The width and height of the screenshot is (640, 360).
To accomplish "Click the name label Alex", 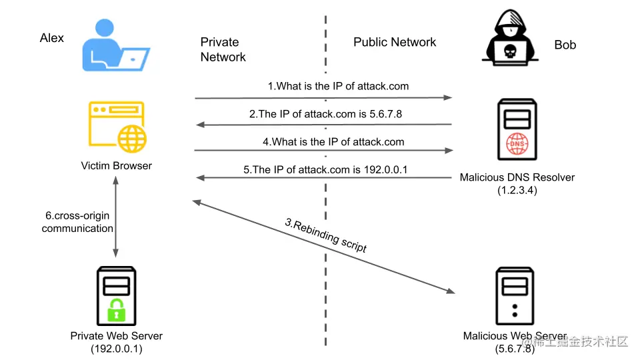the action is [52, 38].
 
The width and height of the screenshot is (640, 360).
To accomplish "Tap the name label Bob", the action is [565, 45].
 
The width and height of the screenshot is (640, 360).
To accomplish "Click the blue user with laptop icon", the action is [116, 45].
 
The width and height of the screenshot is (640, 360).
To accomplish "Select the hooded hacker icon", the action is [510, 37].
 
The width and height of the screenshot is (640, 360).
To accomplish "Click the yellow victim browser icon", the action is [117, 127].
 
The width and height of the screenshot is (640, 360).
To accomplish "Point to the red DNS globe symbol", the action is [517, 144].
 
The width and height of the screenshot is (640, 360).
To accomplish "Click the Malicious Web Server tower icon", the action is [515, 296].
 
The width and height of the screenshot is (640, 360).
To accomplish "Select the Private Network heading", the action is [223, 49].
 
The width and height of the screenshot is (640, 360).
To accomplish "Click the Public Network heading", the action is [395, 42].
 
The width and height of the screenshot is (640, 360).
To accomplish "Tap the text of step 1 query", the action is [338, 86].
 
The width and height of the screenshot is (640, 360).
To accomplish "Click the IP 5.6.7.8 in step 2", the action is [386, 114].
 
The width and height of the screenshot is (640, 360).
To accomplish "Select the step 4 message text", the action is [333, 141].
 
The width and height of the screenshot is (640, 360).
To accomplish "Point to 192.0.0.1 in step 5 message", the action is [386, 169].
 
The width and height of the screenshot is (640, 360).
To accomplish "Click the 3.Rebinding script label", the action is [326, 235].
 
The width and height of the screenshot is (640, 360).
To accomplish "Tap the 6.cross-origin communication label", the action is [77, 222].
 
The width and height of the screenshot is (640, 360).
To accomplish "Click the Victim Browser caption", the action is [116, 166].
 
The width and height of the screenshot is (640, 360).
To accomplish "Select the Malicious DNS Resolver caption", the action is [517, 177].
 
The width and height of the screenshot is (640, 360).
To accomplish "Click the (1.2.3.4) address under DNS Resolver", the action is [517, 190].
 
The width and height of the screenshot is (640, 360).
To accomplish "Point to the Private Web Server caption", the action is [116, 336].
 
